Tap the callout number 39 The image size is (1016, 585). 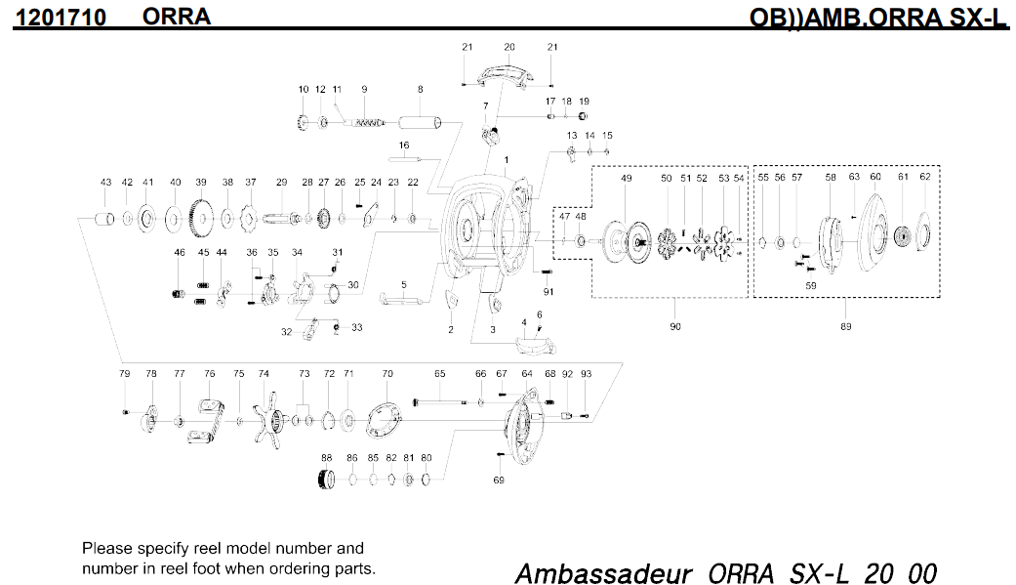tap(201, 183)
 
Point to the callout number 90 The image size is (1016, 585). tap(674, 326)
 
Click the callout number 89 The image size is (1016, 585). tap(845, 326)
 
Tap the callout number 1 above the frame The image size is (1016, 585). tap(506, 158)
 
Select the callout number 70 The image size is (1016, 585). tap(387, 374)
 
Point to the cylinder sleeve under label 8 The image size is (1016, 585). tap(421, 124)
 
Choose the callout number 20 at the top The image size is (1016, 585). tap(508, 47)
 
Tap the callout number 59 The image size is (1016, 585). tap(810, 286)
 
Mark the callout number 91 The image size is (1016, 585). tap(549, 291)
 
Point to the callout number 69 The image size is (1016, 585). tap(499, 480)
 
